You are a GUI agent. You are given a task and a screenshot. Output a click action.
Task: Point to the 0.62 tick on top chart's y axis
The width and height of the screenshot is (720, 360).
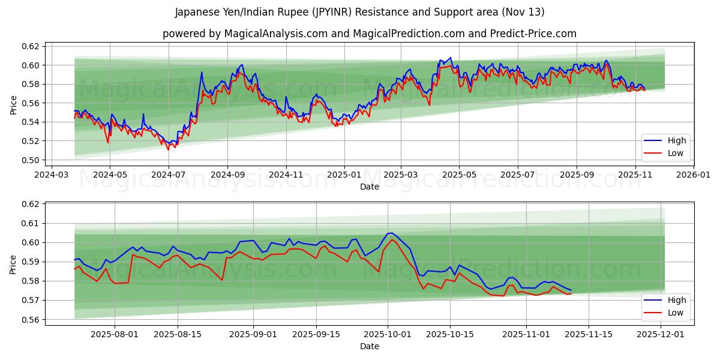(x=31, y=46)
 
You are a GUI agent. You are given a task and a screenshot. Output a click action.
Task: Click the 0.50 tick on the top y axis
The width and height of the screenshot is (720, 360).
(x=31, y=160)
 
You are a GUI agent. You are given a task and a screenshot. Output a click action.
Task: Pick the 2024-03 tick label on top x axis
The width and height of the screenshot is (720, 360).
(x=51, y=175)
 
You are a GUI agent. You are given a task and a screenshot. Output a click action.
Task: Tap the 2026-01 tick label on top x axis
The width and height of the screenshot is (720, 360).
(x=693, y=175)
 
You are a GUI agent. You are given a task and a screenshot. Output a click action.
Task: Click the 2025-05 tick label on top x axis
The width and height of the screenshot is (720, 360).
(x=459, y=175)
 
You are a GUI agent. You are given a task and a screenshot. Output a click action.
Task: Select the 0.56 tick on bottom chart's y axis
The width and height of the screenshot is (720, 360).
(x=31, y=320)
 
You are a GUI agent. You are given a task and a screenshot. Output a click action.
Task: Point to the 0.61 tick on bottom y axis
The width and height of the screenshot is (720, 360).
(x=31, y=223)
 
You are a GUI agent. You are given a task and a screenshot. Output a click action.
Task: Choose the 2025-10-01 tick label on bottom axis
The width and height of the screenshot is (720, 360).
(x=388, y=334)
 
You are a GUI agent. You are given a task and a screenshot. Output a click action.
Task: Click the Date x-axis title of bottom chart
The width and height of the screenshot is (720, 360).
(x=369, y=346)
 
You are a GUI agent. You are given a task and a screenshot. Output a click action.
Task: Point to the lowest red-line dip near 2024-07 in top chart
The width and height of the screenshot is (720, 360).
(x=169, y=149)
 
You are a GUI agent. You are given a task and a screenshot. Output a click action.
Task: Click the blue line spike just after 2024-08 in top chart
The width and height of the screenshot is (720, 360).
(x=202, y=73)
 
